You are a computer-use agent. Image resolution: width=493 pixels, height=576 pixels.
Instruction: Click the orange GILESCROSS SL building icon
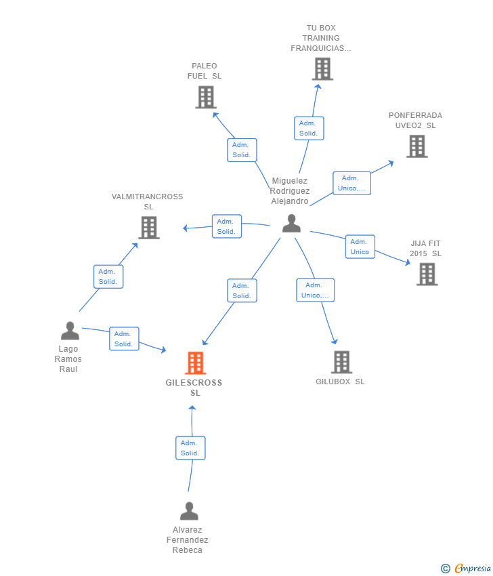[x=195, y=363]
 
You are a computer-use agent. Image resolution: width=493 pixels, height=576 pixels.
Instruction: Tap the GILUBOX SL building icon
[x=341, y=363]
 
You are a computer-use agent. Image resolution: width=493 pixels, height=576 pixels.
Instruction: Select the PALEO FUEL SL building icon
[x=205, y=97]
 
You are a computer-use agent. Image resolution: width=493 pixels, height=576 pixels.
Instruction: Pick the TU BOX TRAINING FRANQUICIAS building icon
[x=322, y=68]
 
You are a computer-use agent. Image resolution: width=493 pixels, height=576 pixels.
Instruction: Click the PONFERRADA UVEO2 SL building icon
[x=416, y=146]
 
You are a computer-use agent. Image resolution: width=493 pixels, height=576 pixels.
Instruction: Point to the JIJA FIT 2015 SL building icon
[x=427, y=274]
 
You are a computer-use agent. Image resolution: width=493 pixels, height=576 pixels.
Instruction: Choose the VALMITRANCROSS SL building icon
[x=148, y=228]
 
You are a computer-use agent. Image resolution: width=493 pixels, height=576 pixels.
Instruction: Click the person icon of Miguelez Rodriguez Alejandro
[x=291, y=224]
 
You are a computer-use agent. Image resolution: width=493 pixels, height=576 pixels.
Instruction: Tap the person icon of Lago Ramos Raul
[x=70, y=331]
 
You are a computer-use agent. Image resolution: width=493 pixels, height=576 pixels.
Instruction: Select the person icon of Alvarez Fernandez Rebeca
[x=189, y=510]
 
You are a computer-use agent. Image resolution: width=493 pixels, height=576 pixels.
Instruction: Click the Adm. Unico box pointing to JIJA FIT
[x=360, y=247]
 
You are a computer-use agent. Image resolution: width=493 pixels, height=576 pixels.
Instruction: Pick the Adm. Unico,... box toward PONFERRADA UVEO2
[x=351, y=183]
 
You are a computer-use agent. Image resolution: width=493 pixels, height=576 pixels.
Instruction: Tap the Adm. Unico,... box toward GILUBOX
[x=315, y=290]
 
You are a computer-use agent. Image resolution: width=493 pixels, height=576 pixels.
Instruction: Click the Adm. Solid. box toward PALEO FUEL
[x=242, y=150]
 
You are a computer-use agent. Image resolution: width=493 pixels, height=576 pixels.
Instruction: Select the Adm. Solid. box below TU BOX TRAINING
[x=309, y=128]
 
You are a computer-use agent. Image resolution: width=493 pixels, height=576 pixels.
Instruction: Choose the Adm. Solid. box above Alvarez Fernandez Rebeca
[x=190, y=448]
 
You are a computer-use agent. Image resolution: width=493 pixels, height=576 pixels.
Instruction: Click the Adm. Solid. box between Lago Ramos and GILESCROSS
[x=124, y=339]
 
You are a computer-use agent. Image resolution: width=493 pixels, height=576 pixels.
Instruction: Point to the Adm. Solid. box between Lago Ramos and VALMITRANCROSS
[x=108, y=276]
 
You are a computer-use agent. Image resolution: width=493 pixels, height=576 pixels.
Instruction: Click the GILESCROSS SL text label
[x=194, y=388]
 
